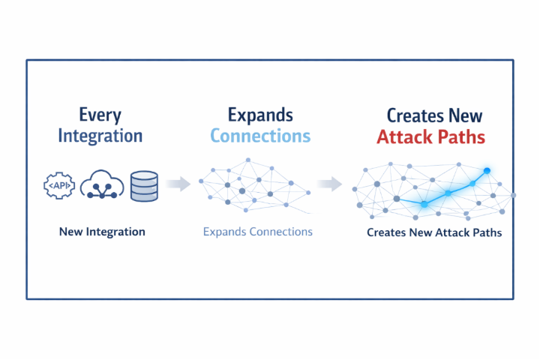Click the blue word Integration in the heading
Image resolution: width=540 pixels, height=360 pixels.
click(x=111, y=136)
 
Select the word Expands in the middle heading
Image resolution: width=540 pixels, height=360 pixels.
click(x=260, y=115)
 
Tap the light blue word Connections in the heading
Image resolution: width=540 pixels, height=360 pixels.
click(x=260, y=136)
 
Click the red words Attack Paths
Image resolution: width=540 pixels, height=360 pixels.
click(x=430, y=137)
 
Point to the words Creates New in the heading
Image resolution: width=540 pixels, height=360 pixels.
click(x=434, y=115)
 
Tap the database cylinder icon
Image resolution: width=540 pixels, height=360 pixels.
click(x=144, y=186)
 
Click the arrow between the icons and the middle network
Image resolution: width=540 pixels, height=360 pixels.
click(x=177, y=184)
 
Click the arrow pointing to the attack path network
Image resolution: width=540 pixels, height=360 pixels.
click(x=328, y=184)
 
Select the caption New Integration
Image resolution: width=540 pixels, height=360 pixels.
click(x=102, y=232)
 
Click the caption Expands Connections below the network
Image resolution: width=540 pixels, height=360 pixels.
click(x=257, y=232)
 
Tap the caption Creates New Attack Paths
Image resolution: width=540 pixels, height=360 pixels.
click(x=434, y=232)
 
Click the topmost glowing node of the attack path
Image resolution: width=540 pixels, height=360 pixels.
click(x=487, y=171)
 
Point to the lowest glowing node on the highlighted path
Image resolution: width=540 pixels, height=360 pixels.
click(x=424, y=204)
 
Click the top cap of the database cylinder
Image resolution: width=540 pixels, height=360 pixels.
click(x=144, y=175)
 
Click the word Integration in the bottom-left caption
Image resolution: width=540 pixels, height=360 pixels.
click(x=115, y=232)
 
